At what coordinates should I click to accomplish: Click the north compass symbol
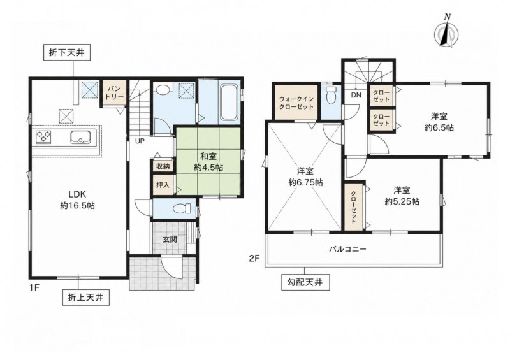(x=446, y=32)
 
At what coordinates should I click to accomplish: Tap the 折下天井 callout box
(x=67, y=53)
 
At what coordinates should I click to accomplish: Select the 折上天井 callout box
(x=85, y=297)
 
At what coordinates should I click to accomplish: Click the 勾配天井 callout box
(x=305, y=282)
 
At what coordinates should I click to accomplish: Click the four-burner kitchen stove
(x=44, y=136)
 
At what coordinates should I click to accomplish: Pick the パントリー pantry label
(x=115, y=92)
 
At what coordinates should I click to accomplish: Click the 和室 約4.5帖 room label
(x=208, y=162)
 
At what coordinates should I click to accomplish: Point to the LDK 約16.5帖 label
(x=77, y=199)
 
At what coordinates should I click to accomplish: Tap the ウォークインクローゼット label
(x=296, y=103)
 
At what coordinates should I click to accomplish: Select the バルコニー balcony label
(x=347, y=249)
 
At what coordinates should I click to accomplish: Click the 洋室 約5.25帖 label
(x=402, y=196)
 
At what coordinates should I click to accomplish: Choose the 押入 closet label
(x=163, y=185)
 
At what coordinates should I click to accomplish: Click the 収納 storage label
(x=163, y=166)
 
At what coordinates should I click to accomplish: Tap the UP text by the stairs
(x=140, y=141)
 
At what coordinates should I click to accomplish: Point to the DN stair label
(x=356, y=95)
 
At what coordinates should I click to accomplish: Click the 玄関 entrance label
(x=170, y=240)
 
